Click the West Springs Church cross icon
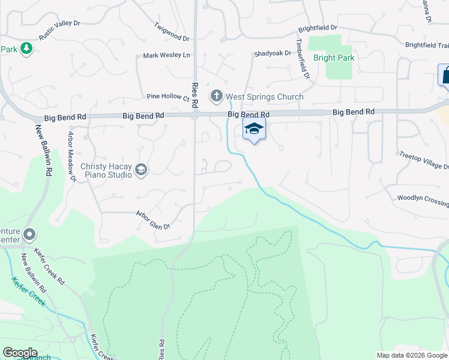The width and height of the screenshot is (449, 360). (217, 96)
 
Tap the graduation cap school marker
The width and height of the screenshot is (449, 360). (254, 128)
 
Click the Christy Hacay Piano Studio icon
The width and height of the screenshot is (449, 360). (141, 170)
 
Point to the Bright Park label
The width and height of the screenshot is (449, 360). (334, 58)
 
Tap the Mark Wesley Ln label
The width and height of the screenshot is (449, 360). (166, 56)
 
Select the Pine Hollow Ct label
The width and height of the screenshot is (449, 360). (168, 97)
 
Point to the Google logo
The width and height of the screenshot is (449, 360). (20, 353)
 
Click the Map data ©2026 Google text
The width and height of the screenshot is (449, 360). (412, 355)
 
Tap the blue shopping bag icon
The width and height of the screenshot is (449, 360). (444, 75)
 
